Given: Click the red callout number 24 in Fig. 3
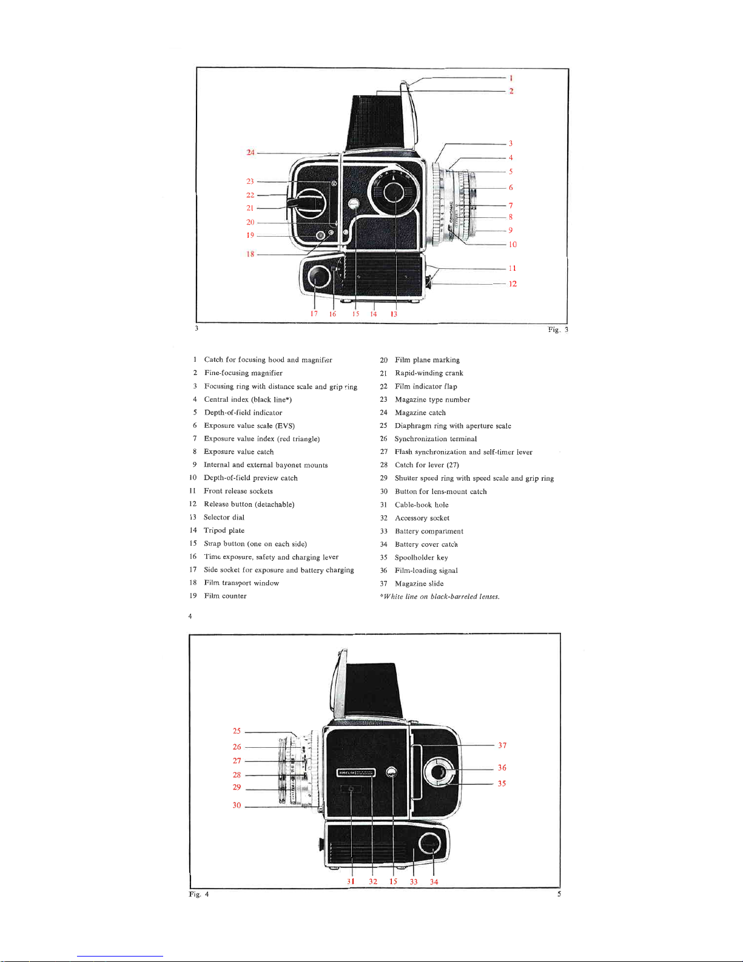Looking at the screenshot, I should click(x=250, y=152).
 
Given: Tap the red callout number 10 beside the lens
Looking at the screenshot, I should click(x=513, y=245).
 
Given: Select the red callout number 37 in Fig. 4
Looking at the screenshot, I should click(x=502, y=745).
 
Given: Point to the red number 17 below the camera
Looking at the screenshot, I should click(x=314, y=314).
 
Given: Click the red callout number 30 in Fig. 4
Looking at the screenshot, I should click(x=237, y=805).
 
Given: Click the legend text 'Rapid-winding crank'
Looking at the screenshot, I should click(x=429, y=373).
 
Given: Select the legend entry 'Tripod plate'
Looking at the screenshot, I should click(x=224, y=530).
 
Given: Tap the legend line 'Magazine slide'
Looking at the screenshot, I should click(x=419, y=584).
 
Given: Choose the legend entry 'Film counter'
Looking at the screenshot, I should click(x=225, y=596).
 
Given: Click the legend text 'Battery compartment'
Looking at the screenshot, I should click(x=429, y=532).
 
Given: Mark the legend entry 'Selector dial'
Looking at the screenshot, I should click(x=224, y=518).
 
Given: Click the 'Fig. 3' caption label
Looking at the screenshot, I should click(x=557, y=330).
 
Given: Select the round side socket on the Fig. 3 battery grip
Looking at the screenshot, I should click(x=318, y=277).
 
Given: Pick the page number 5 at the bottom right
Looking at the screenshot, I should click(x=559, y=894).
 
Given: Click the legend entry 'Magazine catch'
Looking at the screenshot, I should click(x=420, y=413).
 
